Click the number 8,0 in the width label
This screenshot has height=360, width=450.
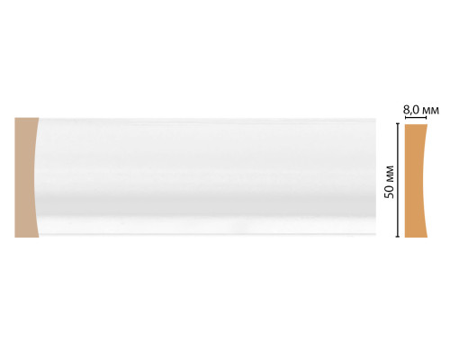(x=410, y=111)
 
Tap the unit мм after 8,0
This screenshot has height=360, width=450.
(x=429, y=112)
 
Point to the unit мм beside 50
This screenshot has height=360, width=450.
(x=390, y=174)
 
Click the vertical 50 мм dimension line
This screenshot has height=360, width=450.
(x=398, y=180)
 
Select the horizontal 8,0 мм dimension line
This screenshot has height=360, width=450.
(x=416, y=119)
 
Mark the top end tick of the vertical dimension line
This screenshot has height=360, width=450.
(x=398, y=123)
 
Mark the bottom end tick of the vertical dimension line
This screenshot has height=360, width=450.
(x=398, y=237)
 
